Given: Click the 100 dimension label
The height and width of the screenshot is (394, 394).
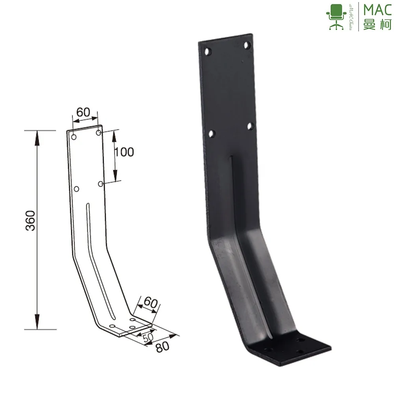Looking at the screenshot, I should [125, 152].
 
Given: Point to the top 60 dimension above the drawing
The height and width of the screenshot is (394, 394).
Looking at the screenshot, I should [84, 112].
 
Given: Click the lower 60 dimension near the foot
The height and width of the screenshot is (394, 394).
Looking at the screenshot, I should [150, 303].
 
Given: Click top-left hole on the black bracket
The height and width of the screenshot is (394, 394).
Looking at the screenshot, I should [208, 51].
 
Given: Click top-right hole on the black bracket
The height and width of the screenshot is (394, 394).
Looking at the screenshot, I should [247, 45].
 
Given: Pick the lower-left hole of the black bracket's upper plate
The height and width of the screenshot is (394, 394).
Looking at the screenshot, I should [212, 134].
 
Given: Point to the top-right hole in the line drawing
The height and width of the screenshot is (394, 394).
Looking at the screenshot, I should [98, 132].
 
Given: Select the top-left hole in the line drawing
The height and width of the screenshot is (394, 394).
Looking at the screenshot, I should [74, 138].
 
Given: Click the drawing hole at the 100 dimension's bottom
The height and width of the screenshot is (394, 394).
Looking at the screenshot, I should [101, 184].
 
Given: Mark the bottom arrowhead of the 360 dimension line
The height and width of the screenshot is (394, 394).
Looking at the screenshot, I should [37, 325].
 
